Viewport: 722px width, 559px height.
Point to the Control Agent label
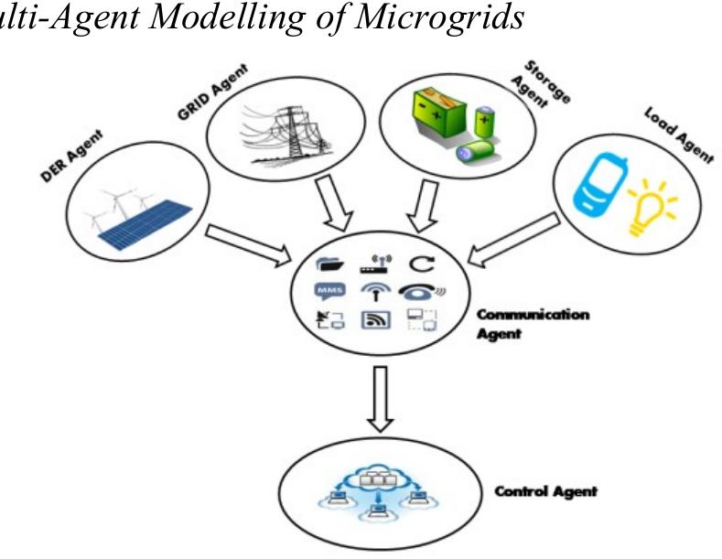[x=546, y=491]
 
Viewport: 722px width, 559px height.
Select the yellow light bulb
[x=652, y=207]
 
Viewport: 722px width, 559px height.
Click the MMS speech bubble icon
[x=329, y=293]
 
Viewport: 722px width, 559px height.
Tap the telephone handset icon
[x=423, y=292]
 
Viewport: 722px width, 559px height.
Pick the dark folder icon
[x=329, y=264]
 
